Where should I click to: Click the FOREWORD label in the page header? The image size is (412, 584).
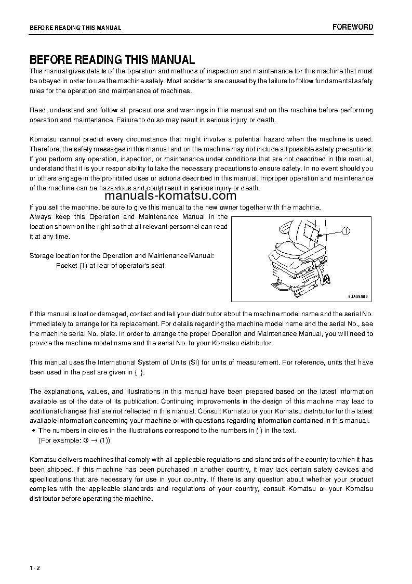coord(352,27)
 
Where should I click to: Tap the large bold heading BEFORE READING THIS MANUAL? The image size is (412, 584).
coord(112,60)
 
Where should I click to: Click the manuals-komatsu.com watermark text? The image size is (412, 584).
coord(156,196)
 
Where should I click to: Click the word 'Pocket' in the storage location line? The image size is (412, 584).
coord(66,266)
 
